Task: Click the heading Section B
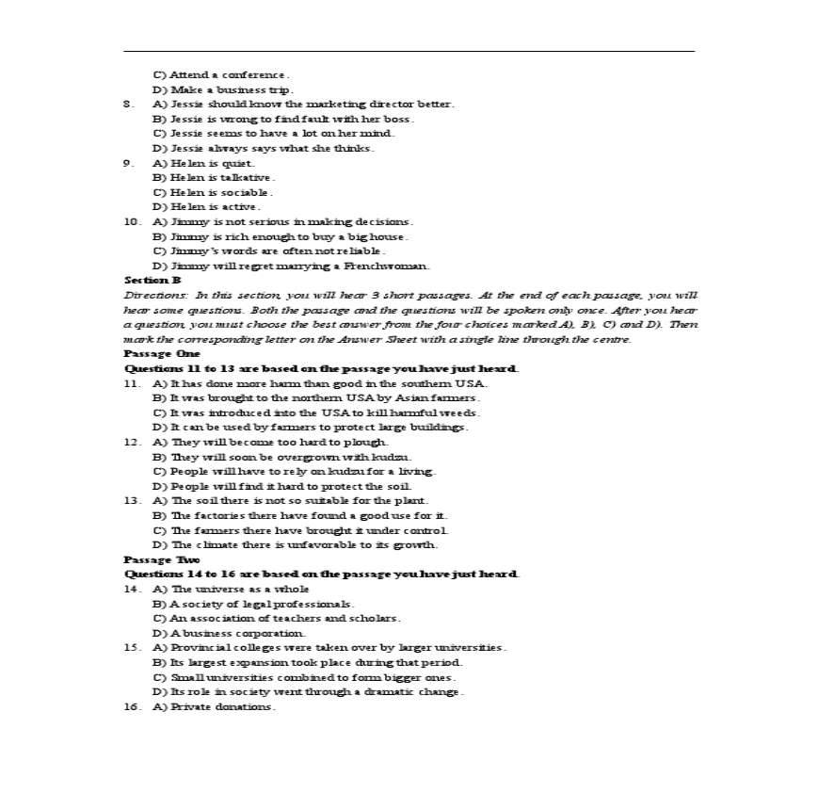(x=153, y=280)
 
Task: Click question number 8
(x=129, y=104)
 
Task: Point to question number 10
(x=133, y=221)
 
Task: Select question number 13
(x=133, y=500)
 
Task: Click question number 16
(x=133, y=706)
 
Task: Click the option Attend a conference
(x=221, y=74)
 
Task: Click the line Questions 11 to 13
(x=321, y=368)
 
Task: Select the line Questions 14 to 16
(x=321, y=574)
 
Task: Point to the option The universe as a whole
(x=231, y=589)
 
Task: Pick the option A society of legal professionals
(x=253, y=604)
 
